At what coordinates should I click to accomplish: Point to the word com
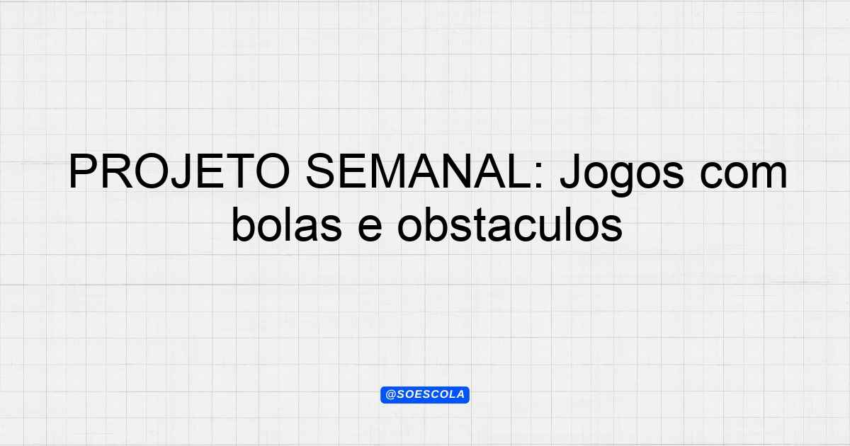pos(744,176)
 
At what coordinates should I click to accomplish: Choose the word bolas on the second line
pos(287,224)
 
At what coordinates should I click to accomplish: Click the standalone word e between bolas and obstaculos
pos(370,228)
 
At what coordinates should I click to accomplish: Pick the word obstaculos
pos(509,224)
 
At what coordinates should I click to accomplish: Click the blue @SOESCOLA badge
pos(425,395)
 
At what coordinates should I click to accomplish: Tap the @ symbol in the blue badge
pos(391,395)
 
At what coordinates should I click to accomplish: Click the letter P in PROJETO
pos(83,171)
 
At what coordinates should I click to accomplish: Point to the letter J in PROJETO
pos(180,171)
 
